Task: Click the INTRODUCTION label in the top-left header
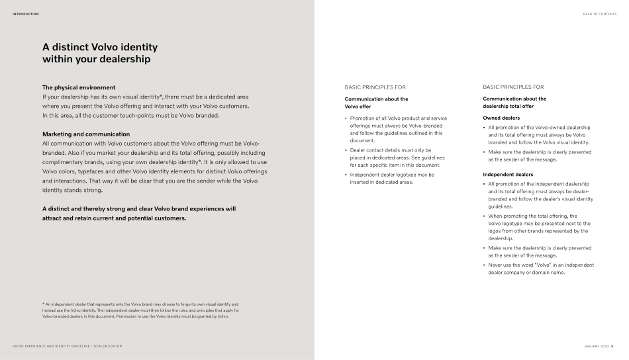(x=25, y=13)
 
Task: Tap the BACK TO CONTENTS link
(x=599, y=13)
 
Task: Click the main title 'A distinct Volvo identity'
(x=100, y=48)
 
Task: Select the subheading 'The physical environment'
(x=79, y=87)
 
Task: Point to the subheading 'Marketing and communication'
(x=86, y=134)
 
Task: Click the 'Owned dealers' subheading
(x=501, y=118)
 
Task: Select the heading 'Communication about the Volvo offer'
(x=376, y=102)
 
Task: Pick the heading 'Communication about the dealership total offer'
(x=514, y=102)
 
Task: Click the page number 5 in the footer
(x=612, y=346)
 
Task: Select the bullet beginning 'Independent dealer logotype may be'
(x=392, y=178)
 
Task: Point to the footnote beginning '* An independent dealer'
(x=136, y=310)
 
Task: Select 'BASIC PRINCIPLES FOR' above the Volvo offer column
(x=375, y=87)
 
